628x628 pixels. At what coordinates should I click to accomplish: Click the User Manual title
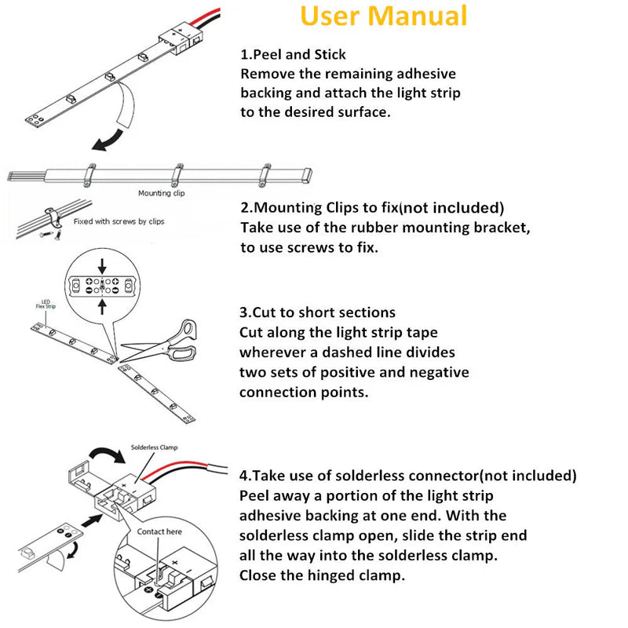[x=384, y=16]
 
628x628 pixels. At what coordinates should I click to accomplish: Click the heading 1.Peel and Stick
[x=293, y=54]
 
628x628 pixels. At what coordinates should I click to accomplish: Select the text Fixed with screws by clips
[x=119, y=221]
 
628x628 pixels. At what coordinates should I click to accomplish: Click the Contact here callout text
[x=159, y=531]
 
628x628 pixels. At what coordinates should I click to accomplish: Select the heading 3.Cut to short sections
[x=317, y=312]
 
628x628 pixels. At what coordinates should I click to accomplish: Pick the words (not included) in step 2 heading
[x=451, y=208]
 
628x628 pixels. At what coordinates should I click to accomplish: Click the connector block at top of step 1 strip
[x=181, y=38]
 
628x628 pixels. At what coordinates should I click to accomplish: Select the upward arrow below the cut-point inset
[x=101, y=305]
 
